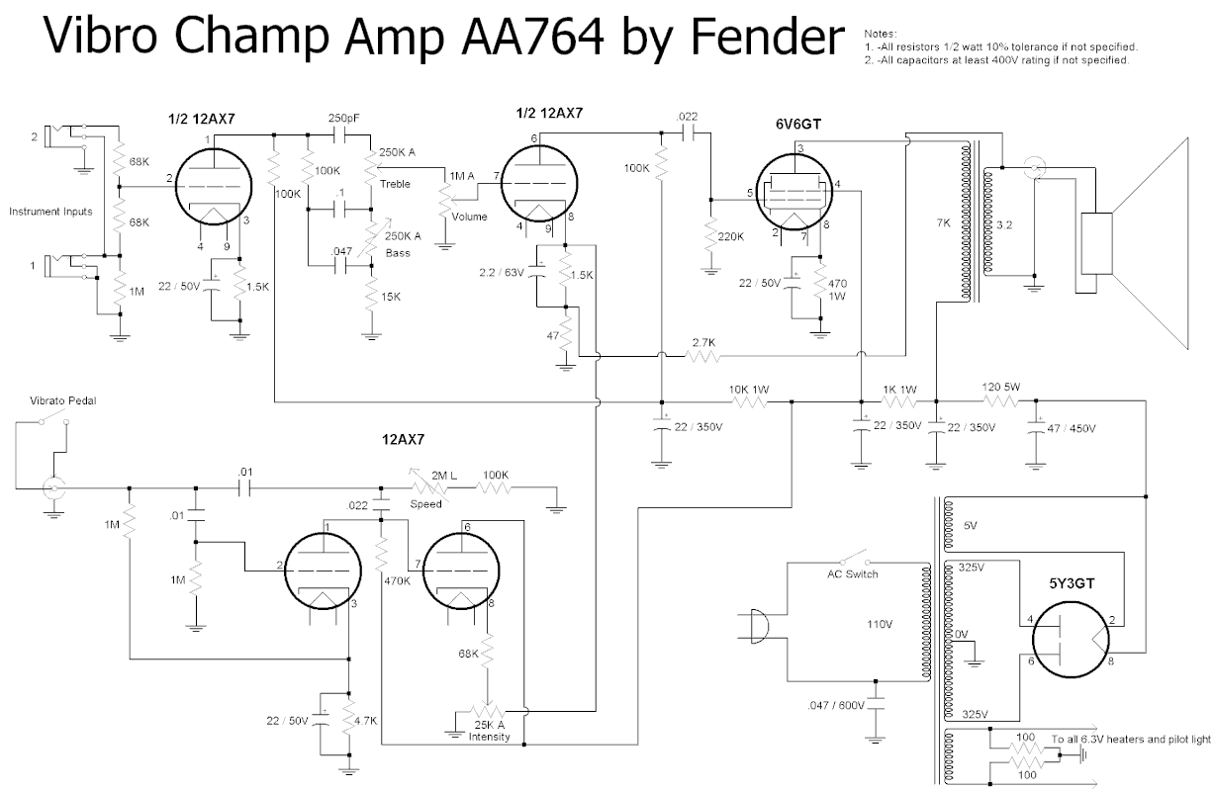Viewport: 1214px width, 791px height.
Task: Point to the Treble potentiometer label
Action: [x=394, y=184]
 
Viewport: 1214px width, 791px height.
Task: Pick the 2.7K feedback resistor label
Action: [x=704, y=341]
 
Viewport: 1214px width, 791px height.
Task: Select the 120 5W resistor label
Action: [x=1001, y=388]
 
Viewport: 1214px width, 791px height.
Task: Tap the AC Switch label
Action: [x=853, y=574]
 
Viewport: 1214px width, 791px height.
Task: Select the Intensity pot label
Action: [x=491, y=737]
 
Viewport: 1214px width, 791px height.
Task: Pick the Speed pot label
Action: [x=425, y=503]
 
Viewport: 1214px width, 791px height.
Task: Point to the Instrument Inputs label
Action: [x=51, y=212]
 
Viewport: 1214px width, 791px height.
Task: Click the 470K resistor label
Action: [x=397, y=581]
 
